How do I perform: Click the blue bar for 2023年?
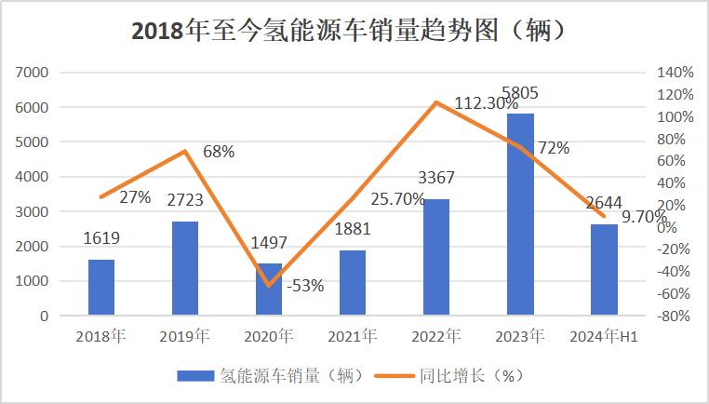(x=520, y=214)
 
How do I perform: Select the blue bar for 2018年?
(x=101, y=287)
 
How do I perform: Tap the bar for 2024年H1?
(x=604, y=269)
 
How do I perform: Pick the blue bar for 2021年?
(x=353, y=282)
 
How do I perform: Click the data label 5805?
(x=519, y=93)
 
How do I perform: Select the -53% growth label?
(x=305, y=286)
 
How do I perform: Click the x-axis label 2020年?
(x=269, y=336)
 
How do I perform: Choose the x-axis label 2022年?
(x=436, y=336)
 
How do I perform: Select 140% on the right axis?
(x=675, y=73)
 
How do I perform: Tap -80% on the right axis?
(x=675, y=316)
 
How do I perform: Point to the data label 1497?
(x=269, y=244)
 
